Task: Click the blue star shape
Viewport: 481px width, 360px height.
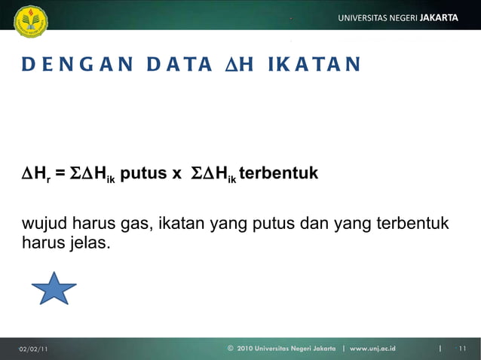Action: (54, 288)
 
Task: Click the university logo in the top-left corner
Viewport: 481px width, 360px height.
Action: (31, 21)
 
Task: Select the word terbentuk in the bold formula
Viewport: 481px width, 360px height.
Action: (278, 174)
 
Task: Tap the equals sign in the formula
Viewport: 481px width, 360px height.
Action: (60, 175)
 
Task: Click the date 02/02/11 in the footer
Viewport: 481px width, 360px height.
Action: (33, 349)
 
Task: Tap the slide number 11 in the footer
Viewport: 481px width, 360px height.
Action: (462, 349)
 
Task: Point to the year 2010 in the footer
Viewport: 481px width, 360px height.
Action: (247, 349)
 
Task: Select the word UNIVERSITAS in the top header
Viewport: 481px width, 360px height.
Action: (366, 17)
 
